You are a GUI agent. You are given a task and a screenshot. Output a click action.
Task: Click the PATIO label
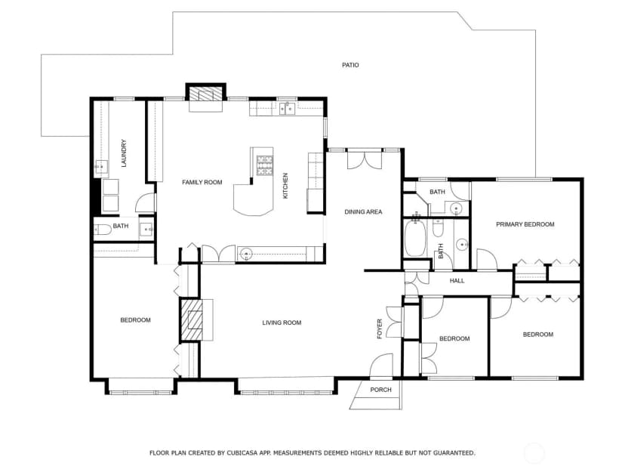350,65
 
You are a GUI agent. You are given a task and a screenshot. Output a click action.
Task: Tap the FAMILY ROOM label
202,182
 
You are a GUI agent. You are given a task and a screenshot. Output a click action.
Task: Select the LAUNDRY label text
124,153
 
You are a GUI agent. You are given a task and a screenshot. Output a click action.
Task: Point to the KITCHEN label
285,186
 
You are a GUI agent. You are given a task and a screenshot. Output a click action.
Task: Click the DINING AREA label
363,211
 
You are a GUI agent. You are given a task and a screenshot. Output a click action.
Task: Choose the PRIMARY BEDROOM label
525,224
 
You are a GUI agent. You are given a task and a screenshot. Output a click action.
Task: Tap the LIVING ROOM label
282,322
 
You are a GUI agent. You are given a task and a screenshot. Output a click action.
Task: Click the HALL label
457,281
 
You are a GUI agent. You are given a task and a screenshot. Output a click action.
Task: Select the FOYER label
380,329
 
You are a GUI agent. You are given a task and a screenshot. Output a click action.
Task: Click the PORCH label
380,390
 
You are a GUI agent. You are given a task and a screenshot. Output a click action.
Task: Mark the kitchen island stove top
265,165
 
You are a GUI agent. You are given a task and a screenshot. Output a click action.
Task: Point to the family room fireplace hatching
205,94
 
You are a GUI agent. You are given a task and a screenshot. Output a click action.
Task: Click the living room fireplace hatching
192,320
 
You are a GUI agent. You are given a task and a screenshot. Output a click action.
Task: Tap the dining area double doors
365,159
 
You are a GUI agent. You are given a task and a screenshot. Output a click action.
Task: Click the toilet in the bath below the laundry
102,230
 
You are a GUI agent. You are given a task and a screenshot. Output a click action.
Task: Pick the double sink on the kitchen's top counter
287,108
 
